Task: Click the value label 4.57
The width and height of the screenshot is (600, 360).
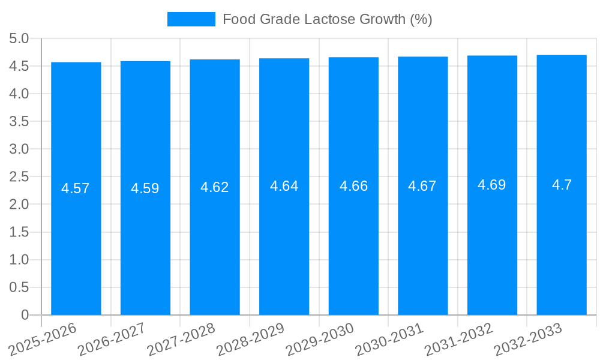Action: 76,188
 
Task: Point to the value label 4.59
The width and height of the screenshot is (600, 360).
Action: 145,188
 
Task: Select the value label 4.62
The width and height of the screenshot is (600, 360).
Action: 215,187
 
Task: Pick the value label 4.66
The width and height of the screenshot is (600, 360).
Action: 353,186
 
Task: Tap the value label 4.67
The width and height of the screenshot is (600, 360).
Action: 422,186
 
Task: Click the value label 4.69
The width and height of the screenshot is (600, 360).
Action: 492,185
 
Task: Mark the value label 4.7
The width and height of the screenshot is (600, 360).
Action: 562,185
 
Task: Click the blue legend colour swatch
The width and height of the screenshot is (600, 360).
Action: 191,19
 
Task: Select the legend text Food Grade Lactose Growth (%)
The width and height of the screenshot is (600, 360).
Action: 327,19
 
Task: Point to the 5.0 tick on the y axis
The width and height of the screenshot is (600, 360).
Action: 19,38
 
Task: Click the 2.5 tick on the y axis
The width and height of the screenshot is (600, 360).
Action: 19,176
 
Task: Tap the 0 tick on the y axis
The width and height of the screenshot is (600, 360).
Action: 25,315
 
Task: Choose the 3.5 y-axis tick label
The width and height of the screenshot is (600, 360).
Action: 19,121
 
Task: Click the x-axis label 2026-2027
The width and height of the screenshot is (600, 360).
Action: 113,340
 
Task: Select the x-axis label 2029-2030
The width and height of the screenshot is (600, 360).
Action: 320,340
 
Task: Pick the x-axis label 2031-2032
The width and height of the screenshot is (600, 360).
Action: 459,340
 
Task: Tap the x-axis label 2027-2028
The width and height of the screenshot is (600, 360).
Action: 182,340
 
